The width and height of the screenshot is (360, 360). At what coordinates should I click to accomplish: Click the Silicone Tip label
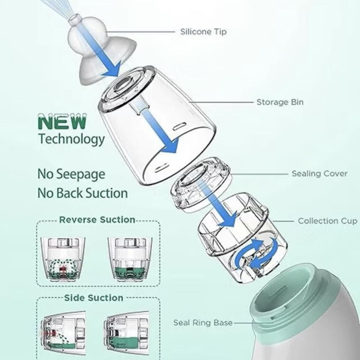(x=203, y=32)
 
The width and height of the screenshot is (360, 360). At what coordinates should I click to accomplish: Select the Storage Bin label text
(x=280, y=102)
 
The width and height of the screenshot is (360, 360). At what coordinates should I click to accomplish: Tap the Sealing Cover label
(x=319, y=174)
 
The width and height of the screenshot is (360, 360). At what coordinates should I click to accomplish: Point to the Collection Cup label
(x=328, y=221)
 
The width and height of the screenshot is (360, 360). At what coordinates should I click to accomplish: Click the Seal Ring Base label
(x=203, y=323)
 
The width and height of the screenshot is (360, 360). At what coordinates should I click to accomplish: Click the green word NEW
(x=62, y=121)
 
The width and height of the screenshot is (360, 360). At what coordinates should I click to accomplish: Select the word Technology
(x=71, y=139)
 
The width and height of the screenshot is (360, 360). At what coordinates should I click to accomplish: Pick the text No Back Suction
(x=83, y=193)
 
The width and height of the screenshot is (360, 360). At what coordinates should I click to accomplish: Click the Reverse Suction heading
(x=97, y=220)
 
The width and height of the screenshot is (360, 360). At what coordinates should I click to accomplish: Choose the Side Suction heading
(x=94, y=298)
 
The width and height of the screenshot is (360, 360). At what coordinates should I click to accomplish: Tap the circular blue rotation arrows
(x=257, y=253)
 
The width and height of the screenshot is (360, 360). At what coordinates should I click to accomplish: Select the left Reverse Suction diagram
(x=63, y=260)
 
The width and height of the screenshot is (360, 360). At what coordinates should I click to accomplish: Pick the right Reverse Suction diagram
(x=130, y=260)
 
